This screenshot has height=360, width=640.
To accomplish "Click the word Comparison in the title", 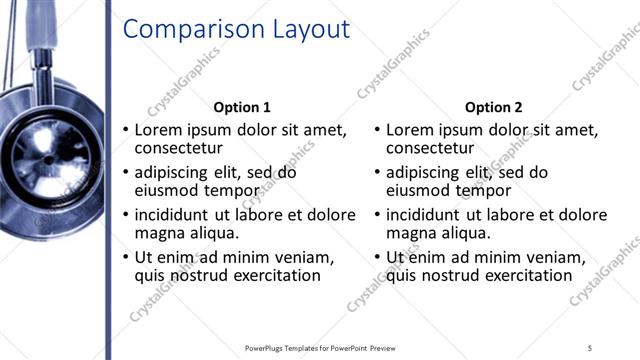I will point(185,30).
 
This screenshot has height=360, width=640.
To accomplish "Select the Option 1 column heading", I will point(242,107).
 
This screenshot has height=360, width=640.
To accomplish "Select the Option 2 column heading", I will point(493,107).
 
